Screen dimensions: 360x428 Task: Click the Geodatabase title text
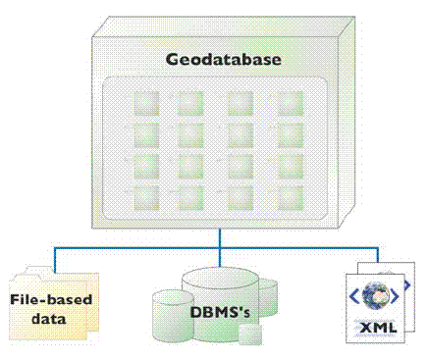[x=223, y=60]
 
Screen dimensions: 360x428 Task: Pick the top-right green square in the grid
[x=291, y=102]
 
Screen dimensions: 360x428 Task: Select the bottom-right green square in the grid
[x=291, y=195]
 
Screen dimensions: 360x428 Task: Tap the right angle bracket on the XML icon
[x=397, y=294]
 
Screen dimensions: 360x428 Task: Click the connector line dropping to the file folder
[x=55, y=259]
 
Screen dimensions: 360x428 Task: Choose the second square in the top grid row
[x=191, y=102]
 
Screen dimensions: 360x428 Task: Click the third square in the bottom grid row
[x=241, y=195]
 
